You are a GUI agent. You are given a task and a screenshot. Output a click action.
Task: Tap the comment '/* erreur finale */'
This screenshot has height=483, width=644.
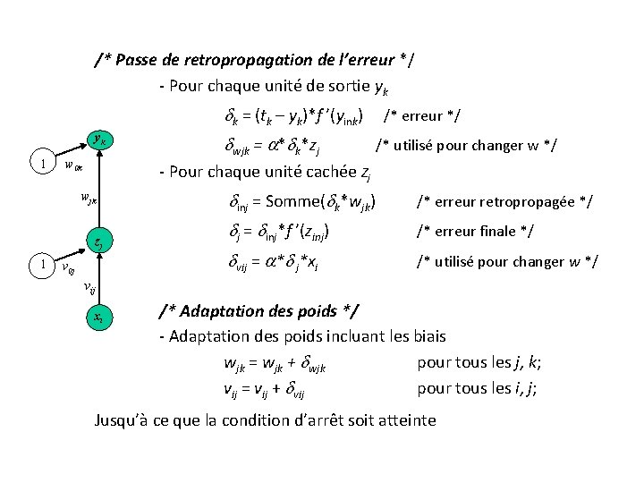pyautogui.click(x=474, y=232)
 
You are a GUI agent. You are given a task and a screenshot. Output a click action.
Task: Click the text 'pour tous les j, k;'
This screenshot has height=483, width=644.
pyautogui.click(x=480, y=363)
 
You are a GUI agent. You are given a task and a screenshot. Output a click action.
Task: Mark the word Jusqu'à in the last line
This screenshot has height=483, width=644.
pyautogui.click(x=125, y=419)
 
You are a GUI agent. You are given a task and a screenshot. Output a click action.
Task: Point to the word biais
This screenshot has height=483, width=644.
pyautogui.click(x=425, y=337)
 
